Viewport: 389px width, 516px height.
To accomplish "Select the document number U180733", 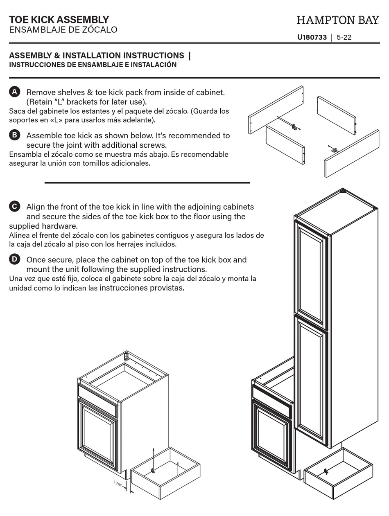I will [312, 38].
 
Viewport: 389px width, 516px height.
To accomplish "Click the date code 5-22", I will [344, 38].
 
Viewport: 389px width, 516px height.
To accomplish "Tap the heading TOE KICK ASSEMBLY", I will [59, 20].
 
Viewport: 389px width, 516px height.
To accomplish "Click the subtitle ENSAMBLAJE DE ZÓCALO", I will [63, 30].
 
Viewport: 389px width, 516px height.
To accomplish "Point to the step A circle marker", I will [14, 92].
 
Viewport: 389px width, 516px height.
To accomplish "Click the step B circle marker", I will [14, 135].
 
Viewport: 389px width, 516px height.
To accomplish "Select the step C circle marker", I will [14, 206].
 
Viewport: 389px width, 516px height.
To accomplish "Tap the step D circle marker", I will [14, 259].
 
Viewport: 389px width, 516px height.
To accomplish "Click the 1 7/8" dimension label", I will [118, 484].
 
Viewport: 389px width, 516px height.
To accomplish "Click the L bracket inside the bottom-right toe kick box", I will [326, 471].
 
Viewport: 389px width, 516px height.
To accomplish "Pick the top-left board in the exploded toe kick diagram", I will [276, 109].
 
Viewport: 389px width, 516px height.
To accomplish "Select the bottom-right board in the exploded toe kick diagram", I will [352, 153].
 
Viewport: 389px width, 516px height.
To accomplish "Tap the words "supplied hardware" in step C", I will [43, 226].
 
